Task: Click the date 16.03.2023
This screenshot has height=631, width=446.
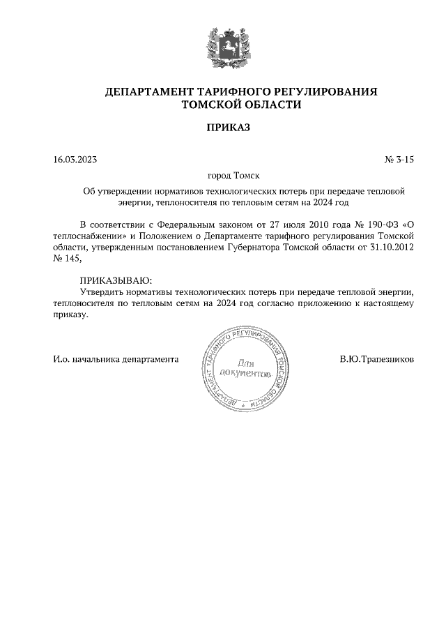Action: pyautogui.click(x=75, y=160)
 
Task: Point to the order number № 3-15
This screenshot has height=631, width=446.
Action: pyautogui.click(x=399, y=160)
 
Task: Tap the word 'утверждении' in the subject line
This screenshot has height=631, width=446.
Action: pyautogui.click(x=126, y=190)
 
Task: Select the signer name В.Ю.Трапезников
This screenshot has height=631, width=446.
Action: pyautogui.click(x=376, y=360)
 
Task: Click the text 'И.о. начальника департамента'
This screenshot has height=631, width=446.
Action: pyautogui.click(x=116, y=360)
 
